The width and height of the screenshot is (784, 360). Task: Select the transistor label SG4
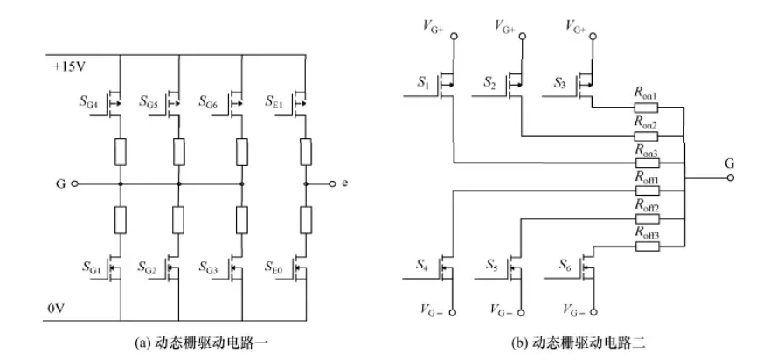click(x=92, y=102)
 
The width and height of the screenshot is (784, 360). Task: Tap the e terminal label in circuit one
click(x=346, y=185)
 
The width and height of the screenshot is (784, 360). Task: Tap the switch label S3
click(x=559, y=85)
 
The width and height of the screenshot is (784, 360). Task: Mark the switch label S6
click(x=559, y=264)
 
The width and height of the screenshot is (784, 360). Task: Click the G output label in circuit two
click(x=729, y=163)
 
